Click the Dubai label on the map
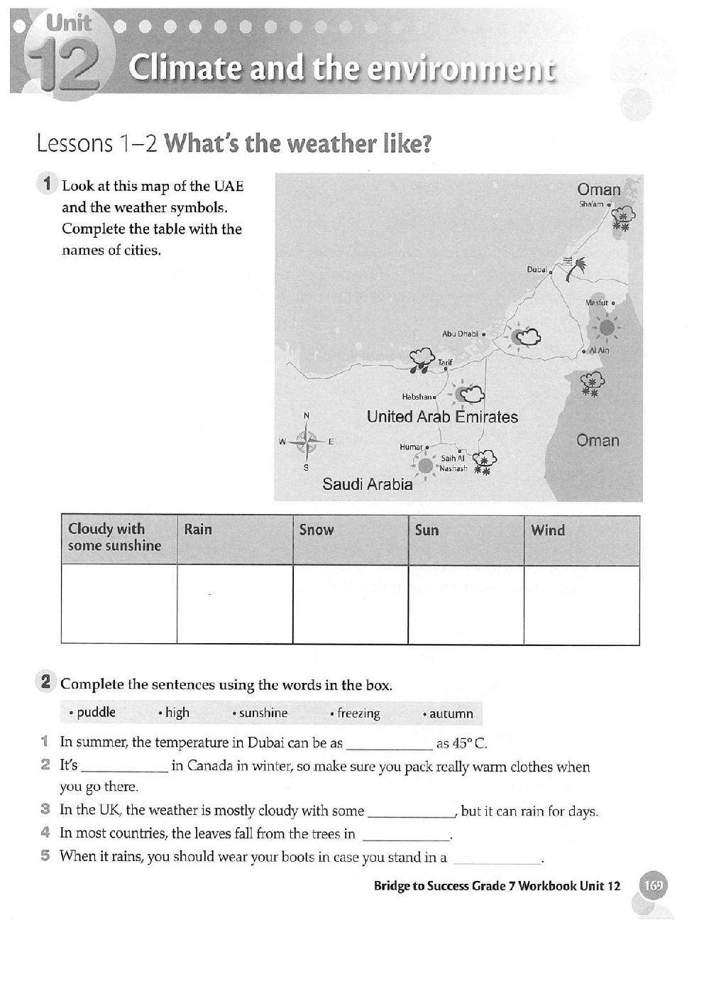[x=537, y=269]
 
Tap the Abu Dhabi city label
[x=460, y=333]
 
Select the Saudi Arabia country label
[x=367, y=484]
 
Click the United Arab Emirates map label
[x=442, y=417]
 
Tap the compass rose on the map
[x=307, y=442]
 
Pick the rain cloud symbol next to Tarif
[x=422, y=359]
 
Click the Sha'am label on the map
[x=591, y=204]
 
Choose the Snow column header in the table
[x=317, y=530]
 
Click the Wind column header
[x=548, y=530]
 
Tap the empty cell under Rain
[x=234, y=603]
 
